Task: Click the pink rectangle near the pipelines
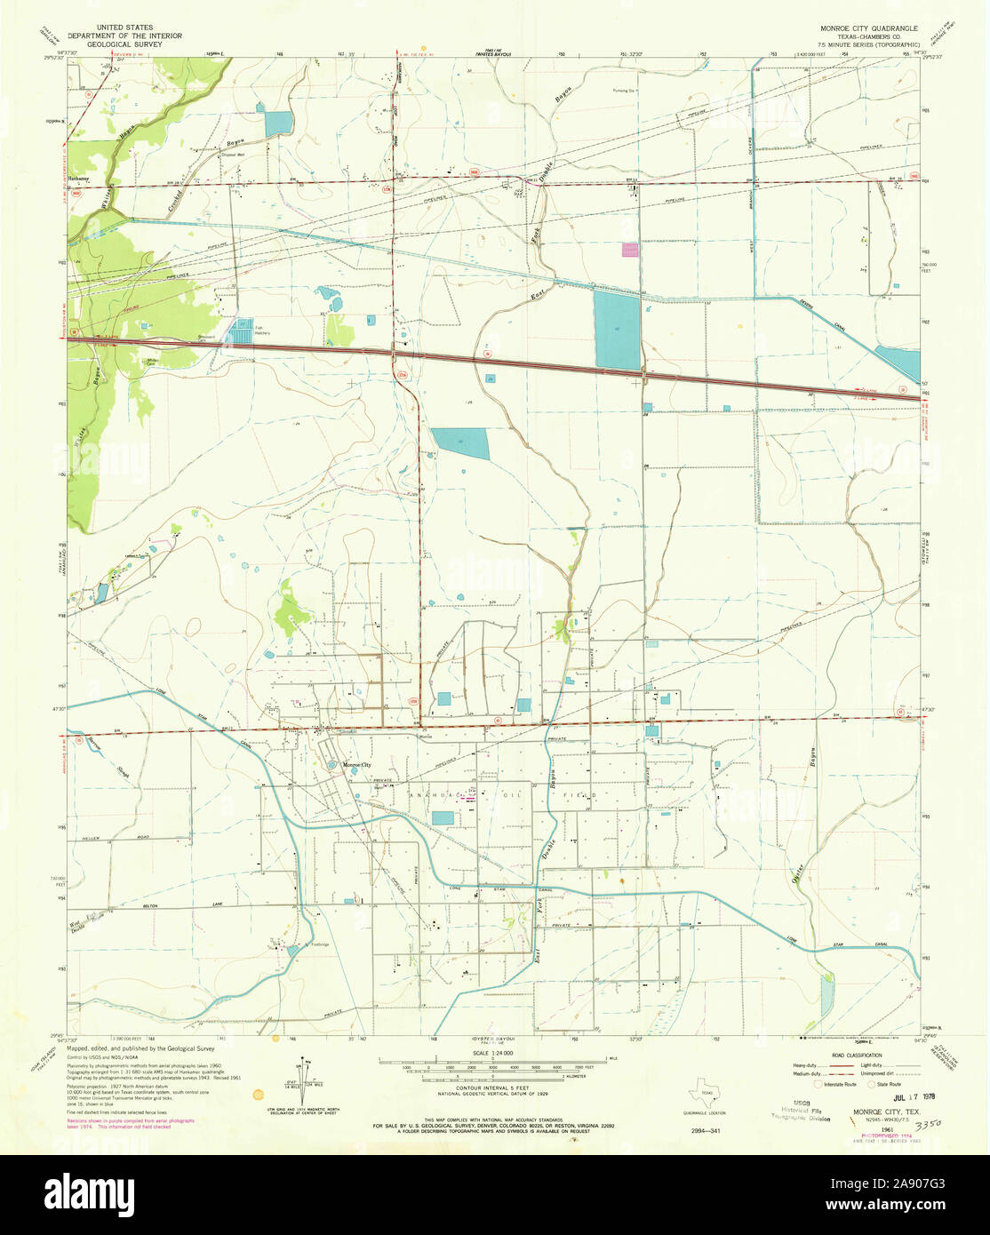tap(630, 251)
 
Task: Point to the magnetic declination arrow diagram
tap(302, 1077)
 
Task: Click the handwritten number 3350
tap(929, 1123)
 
